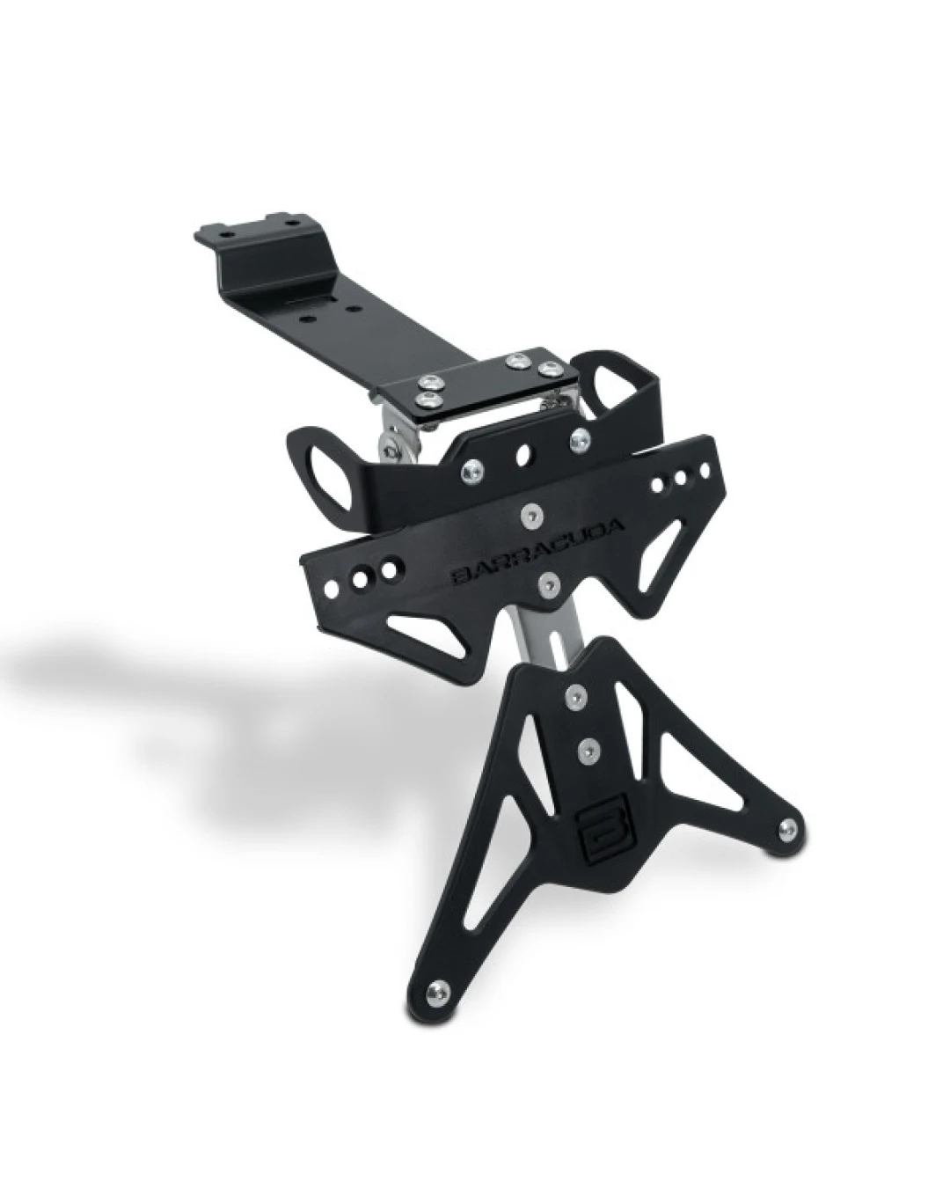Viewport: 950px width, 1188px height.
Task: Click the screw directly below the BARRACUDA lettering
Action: (x=548, y=581)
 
